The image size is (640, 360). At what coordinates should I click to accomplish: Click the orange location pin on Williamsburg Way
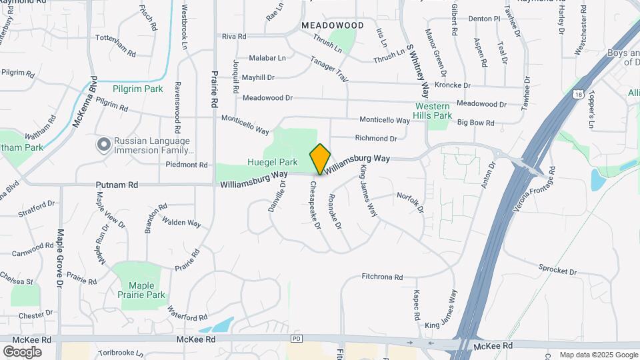coord(320,159)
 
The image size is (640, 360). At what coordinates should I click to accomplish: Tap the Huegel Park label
coord(272,162)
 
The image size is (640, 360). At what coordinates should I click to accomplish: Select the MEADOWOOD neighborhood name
coord(333,25)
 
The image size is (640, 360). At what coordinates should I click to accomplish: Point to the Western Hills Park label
coord(433,111)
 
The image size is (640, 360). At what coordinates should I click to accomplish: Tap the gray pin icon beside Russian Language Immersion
coord(103,145)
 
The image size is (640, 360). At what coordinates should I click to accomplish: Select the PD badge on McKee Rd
coord(297,339)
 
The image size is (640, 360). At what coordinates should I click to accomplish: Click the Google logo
coord(22,351)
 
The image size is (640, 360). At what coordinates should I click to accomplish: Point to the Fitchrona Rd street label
coord(382,277)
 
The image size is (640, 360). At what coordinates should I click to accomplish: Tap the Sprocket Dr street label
coord(557,271)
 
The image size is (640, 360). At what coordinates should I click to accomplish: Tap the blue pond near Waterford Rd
coord(217,325)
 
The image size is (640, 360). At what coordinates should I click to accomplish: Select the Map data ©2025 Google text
coord(598,355)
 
